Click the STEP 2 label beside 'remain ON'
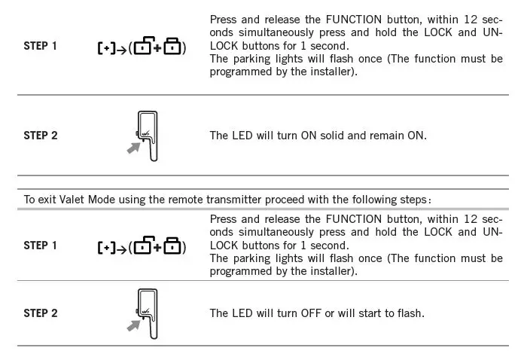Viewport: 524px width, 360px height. (41, 136)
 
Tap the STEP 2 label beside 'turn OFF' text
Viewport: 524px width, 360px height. (41, 313)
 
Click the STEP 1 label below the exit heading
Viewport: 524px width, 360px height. (41, 246)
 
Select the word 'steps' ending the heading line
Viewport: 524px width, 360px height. (413, 200)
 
